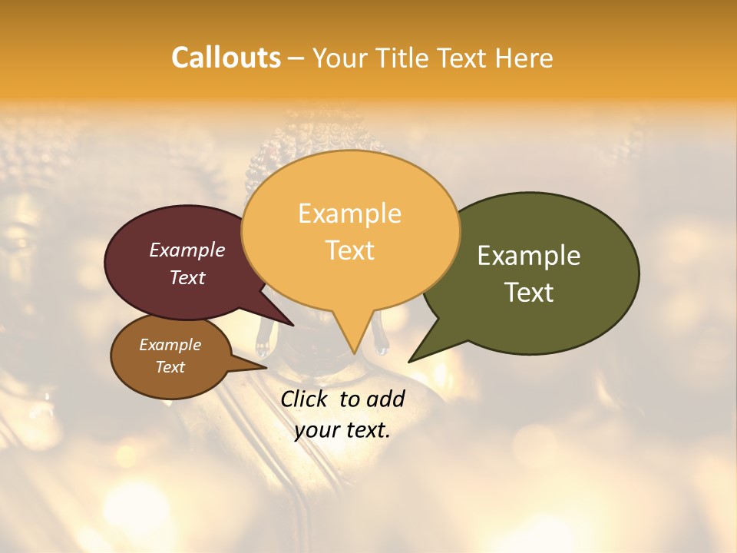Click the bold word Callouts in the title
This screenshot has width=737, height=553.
tap(226, 58)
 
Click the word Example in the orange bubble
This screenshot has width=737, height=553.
tap(349, 214)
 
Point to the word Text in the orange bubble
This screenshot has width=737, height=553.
tap(349, 250)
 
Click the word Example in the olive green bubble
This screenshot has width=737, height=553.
tap(528, 256)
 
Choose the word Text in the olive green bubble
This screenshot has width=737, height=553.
tap(528, 293)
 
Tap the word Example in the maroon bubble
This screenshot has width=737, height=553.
tap(187, 250)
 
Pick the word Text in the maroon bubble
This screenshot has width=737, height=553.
tap(187, 277)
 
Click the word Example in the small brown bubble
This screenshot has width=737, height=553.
tap(170, 345)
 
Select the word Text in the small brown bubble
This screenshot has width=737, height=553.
tap(170, 367)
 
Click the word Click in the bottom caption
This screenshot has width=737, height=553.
tap(306, 399)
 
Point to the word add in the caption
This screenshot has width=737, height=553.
tap(385, 399)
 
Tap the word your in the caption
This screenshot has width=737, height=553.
tap(317, 429)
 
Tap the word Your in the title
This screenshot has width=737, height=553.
tap(338, 58)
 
